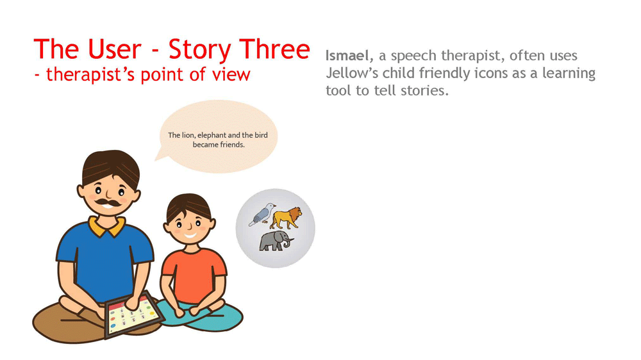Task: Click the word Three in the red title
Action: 275,49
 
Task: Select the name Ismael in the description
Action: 349,56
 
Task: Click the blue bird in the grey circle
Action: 262,214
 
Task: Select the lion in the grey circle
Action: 287,218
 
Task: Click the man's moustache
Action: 108,202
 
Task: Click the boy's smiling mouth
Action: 190,235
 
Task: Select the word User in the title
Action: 114,49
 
